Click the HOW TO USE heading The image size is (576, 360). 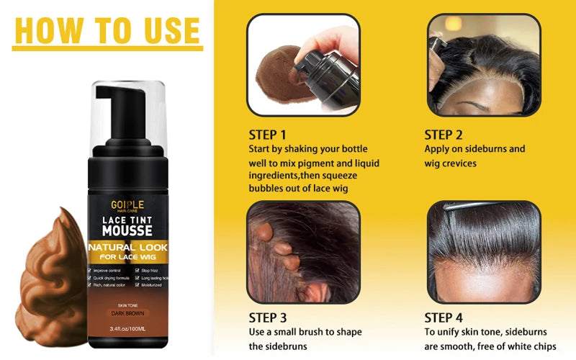click(x=107, y=30)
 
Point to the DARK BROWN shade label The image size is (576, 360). click(x=126, y=313)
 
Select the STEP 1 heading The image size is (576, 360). click(x=267, y=135)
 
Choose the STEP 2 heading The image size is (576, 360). click(x=443, y=135)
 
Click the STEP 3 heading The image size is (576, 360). click(x=267, y=317)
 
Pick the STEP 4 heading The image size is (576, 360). click(x=443, y=317)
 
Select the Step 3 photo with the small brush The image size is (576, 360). click(x=303, y=252)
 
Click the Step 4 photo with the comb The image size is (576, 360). click(x=483, y=252)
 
